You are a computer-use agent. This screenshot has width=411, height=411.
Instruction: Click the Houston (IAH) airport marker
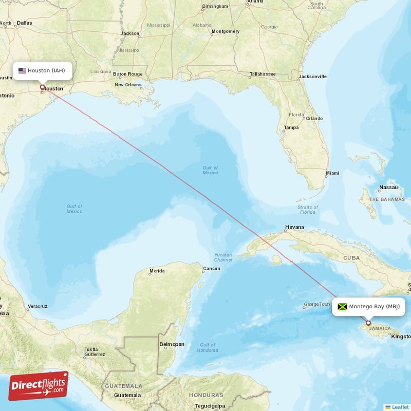43,87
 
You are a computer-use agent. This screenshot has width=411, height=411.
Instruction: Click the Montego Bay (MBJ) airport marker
368,323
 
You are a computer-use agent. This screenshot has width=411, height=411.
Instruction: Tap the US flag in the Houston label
22,71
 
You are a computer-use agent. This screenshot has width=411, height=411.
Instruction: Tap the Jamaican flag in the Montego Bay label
342,307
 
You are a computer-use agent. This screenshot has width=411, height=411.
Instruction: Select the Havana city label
295,227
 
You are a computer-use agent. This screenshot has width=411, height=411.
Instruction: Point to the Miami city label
332,173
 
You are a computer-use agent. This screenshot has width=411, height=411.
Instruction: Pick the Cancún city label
211,269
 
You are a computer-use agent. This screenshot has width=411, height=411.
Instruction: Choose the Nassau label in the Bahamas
388,188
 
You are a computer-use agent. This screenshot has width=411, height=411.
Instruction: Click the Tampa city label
291,127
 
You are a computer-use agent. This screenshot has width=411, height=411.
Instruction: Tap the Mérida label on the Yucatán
157,271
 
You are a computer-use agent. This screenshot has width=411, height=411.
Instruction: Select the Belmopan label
172,344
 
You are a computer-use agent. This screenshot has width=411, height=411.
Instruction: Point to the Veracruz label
38,306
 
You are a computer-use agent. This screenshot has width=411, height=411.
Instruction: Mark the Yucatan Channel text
223,257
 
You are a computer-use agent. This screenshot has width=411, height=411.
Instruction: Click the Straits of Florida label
307,210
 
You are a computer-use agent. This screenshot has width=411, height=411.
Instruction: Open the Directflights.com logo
39,386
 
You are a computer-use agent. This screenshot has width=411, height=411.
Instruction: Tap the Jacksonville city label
312,77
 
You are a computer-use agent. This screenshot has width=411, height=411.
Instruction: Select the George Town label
316,304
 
